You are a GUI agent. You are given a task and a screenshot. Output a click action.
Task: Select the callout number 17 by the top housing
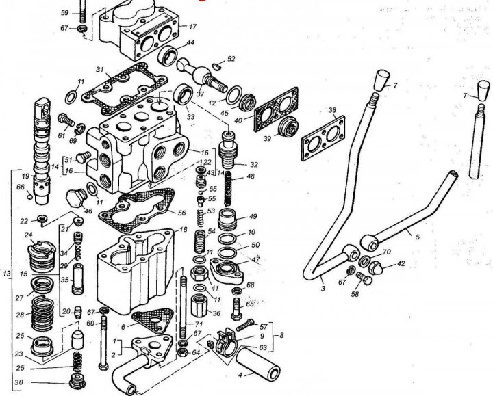click(192, 27)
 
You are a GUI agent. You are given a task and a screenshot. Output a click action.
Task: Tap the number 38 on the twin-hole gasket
click(333, 110)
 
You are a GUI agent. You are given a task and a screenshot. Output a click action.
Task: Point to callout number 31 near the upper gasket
click(99, 70)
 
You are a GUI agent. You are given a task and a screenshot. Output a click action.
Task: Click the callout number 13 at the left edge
click(6, 274)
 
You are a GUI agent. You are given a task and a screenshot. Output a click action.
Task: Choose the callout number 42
click(401, 263)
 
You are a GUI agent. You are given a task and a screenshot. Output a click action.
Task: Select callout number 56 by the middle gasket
click(181, 213)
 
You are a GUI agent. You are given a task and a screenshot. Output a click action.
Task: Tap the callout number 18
click(184, 230)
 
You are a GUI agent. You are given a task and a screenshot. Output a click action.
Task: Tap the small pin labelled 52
click(216, 66)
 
